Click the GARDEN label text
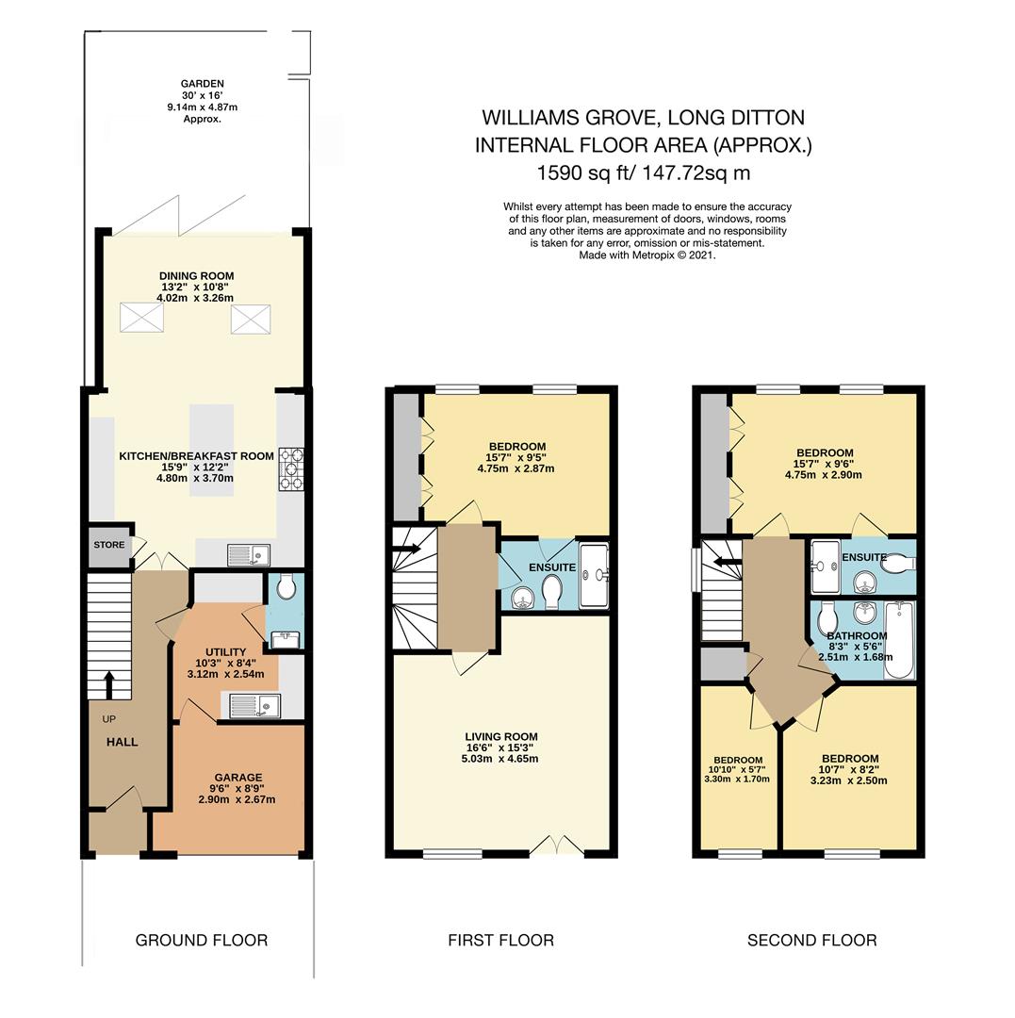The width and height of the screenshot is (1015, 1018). pyautogui.click(x=203, y=84)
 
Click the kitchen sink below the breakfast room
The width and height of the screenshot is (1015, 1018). pyautogui.click(x=249, y=554)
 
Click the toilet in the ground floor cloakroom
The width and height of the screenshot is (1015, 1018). pyautogui.click(x=286, y=586)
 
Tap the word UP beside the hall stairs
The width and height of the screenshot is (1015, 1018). pyautogui.click(x=109, y=719)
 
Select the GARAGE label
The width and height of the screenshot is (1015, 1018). pyautogui.click(x=238, y=777)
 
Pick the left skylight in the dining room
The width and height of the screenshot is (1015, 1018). pyautogui.click(x=141, y=319)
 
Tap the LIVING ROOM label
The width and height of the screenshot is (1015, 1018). pyautogui.click(x=501, y=737)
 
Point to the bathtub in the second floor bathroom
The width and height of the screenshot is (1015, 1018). pyautogui.click(x=899, y=639)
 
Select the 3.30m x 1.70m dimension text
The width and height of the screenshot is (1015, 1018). pyautogui.click(x=737, y=780)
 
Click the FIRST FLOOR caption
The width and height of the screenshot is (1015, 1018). pyautogui.click(x=501, y=940)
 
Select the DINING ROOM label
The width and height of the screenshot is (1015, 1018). pyautogui.click(x=197, y=276)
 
